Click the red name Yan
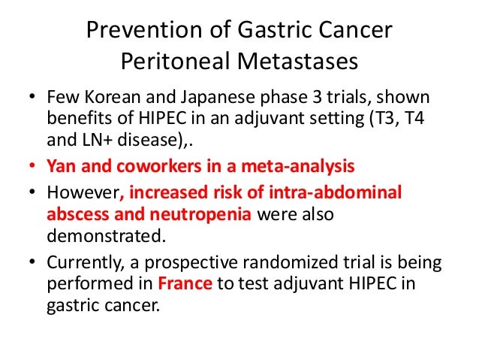pos(62,163)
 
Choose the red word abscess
pos(77,213)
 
